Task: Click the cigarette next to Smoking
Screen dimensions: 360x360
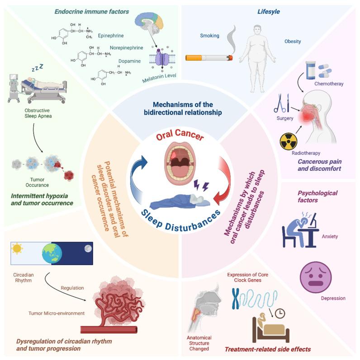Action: click(209, 57)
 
